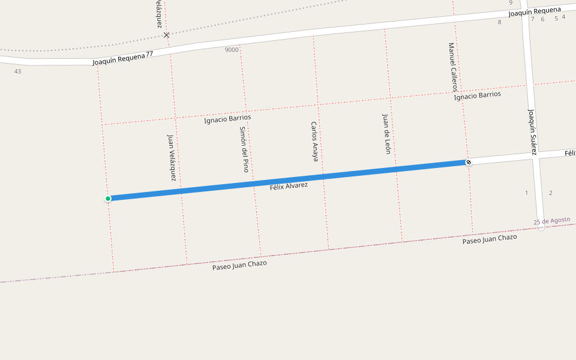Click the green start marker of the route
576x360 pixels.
[x=108, y=199]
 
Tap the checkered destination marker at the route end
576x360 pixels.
[x=469, y=162]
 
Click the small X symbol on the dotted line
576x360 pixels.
[x=166, y=35]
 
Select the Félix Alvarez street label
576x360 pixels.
[x=289, y=186]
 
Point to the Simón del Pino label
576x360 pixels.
[x=244, y=149]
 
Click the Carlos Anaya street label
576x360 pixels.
[x=314, y=142]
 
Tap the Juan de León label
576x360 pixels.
[x=386, y=134]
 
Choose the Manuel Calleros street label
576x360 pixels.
[x=453, y=67]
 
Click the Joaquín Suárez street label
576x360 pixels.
[x=532, y=131]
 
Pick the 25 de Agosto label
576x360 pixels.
[x=552, y=221]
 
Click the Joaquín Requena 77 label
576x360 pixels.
[x=123, y=59]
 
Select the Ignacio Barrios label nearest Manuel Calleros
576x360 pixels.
[x=478, y=95]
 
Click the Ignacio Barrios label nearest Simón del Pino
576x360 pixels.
[x=227, y=119]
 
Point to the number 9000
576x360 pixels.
[x=232, y=50]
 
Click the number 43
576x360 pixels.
[x=17, y=71]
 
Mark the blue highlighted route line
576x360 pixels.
[x=288, y=180]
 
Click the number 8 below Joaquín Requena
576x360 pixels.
[x=499, y=22]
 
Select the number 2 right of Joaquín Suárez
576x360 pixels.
[x=550, y=193]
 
